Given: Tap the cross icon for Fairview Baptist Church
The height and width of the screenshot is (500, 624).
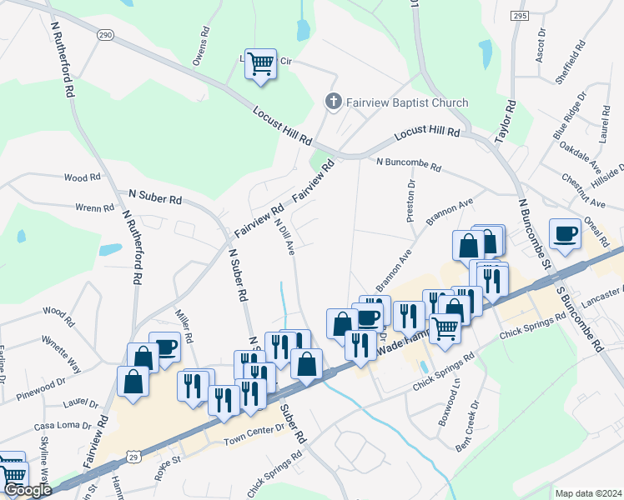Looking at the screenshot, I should [332, 102].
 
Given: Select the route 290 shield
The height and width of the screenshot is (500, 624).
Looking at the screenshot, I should [104, 35].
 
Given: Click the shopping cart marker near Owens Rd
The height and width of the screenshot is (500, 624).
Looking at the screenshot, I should [261, 62].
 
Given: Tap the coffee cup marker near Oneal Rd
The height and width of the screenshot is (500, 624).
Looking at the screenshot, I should [565, 233].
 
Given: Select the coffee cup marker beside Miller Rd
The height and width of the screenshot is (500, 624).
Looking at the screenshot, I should [165, 347].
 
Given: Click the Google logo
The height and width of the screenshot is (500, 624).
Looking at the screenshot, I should [28, 490].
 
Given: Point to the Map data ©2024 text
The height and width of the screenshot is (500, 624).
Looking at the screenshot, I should [588, 493].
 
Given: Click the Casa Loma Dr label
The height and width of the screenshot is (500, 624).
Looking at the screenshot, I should [61, 425].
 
